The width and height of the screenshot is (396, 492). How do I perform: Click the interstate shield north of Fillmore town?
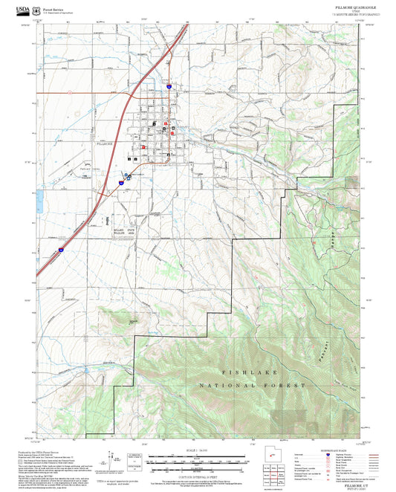(x=169, y=88)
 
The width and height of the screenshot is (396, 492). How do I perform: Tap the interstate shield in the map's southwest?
(x=61, y=252)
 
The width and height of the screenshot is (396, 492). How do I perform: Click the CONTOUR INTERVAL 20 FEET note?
(x=198, y=476)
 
